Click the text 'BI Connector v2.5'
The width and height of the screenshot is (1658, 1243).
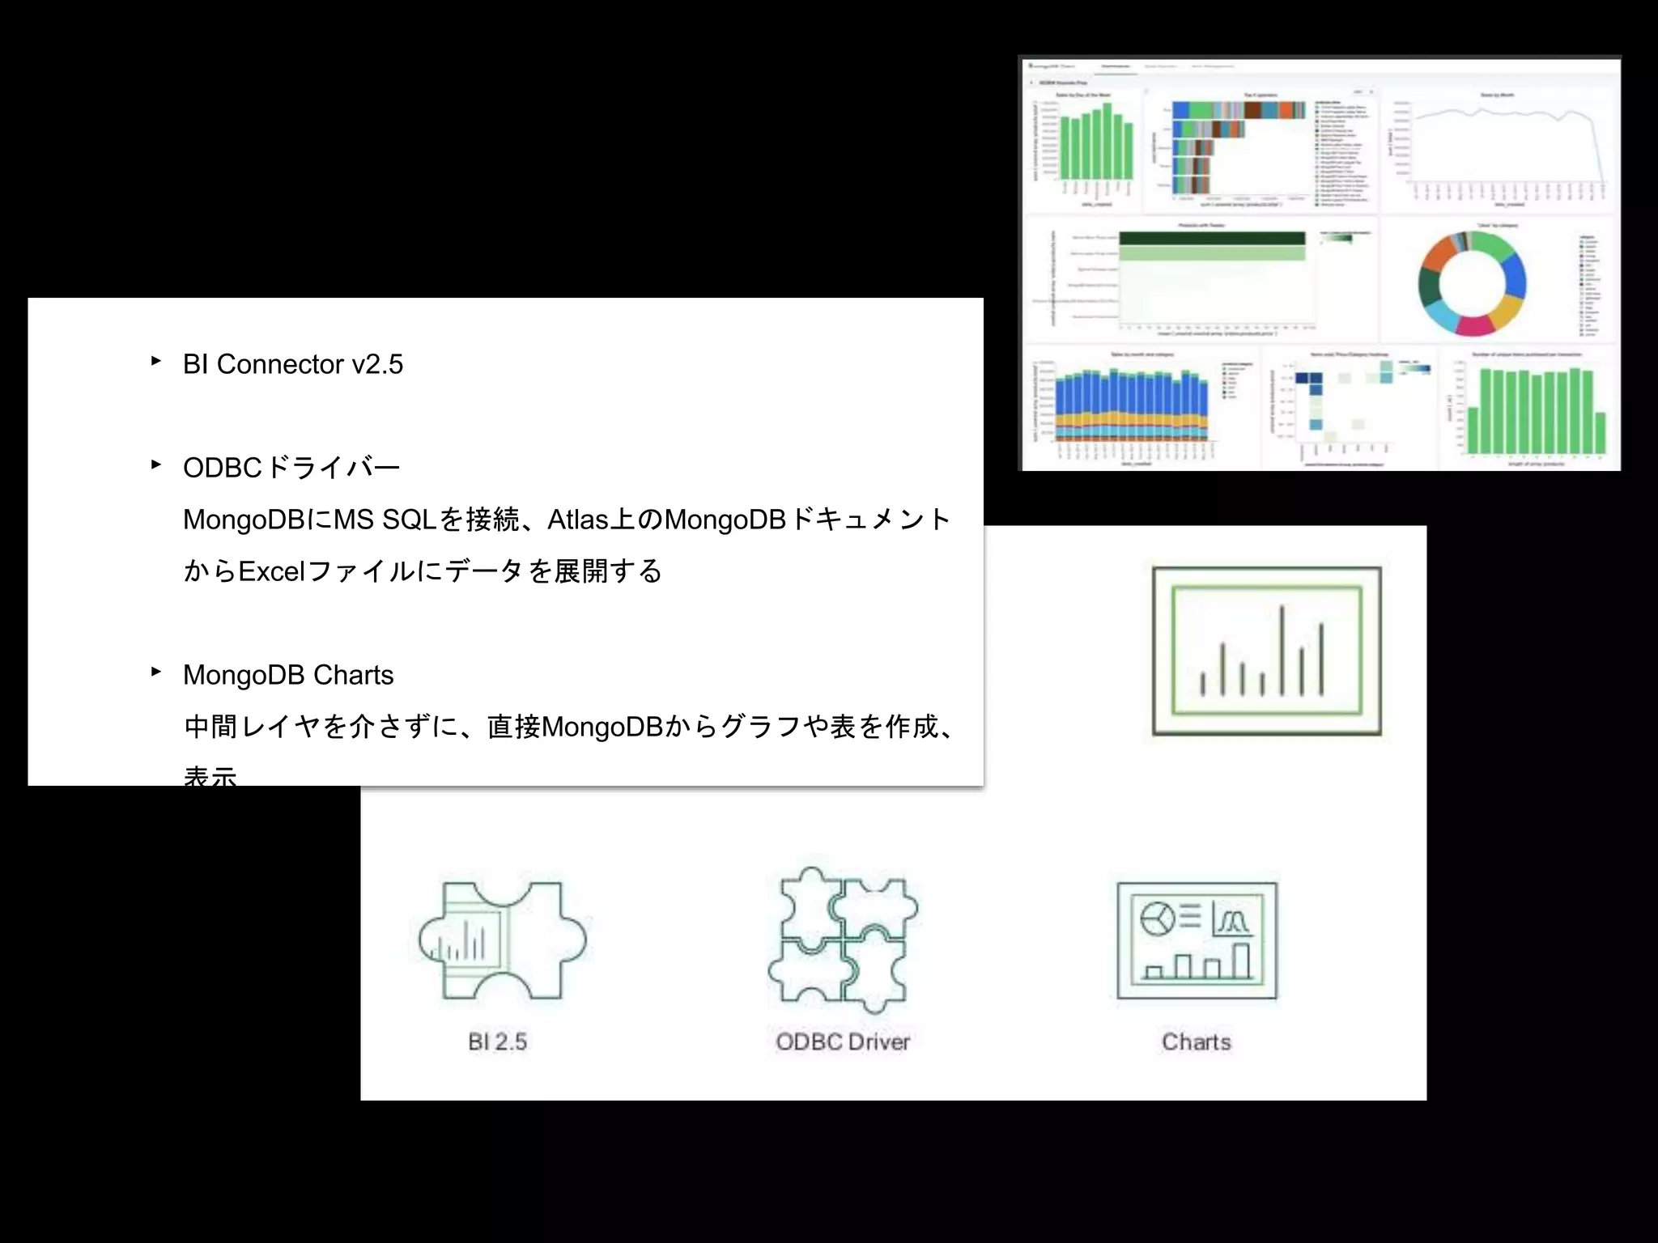[292, 364]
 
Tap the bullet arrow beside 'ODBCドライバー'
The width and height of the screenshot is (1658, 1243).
[156, 465]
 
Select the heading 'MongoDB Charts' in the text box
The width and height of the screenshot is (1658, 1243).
[288, 675]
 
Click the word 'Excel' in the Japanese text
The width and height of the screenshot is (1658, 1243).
[271, 571]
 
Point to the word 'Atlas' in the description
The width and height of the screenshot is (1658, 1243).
[578, 520]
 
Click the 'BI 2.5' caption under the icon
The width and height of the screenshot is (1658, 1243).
[497, 1041]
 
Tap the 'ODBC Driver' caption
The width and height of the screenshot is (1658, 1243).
[843, 1041]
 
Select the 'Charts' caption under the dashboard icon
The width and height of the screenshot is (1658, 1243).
[1197, 1041]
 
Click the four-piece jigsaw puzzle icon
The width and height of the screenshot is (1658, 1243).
[843, 940]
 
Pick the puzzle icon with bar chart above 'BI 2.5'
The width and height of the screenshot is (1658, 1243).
[503, 940]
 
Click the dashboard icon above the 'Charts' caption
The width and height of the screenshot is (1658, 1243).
[1197, 940]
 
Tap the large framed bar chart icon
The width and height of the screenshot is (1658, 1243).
[1267, 651]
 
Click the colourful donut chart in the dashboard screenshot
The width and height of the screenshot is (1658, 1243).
[1472, 284]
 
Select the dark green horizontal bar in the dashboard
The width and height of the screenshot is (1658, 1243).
[1212, 238]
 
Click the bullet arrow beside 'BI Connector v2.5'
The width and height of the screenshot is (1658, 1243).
[156, 361]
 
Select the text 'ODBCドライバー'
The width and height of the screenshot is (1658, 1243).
[291, 468]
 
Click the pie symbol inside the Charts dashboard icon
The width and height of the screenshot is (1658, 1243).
[1158, 918]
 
